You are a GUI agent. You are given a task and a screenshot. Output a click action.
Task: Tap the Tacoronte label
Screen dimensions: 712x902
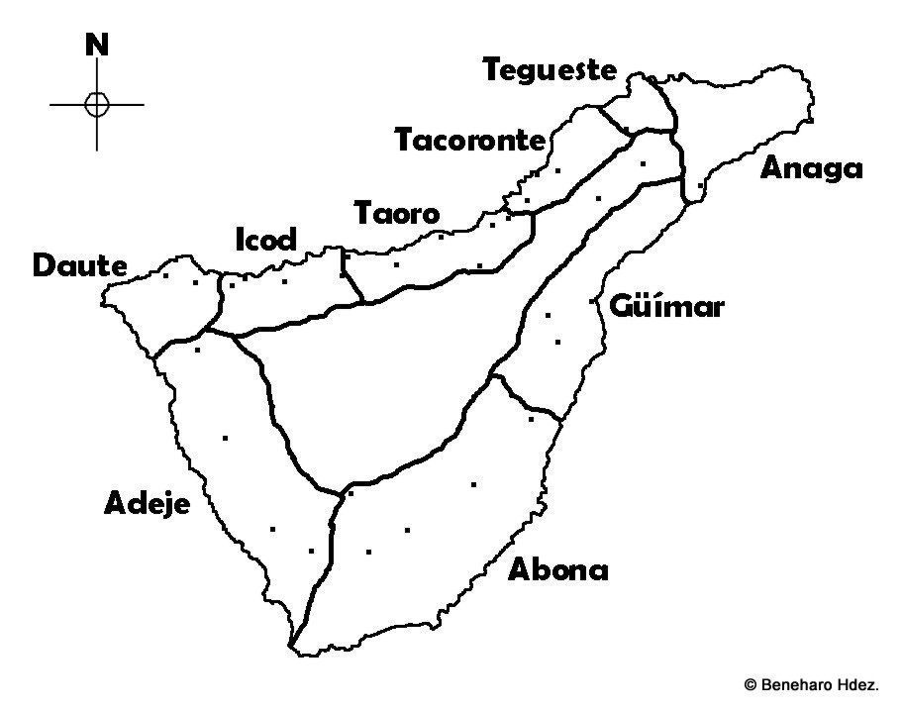click(x=470, y=141)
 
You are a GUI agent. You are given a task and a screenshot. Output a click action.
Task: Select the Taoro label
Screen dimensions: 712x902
click(x=396, y=214)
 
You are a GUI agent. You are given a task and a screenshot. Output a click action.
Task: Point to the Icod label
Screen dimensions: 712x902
click(x=264, y=241)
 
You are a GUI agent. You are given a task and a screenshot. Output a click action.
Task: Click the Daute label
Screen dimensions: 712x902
click(x=79, y=266)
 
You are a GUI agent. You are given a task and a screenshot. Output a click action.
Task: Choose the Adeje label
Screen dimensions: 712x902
click(x=147, y=505)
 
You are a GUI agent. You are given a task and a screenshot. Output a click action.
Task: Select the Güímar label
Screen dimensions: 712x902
click(x=666, y=306)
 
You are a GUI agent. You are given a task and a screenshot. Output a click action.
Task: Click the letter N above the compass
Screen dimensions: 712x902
click(x=96, y=45)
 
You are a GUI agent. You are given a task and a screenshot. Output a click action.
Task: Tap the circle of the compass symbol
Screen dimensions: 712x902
click(x=96, y=104)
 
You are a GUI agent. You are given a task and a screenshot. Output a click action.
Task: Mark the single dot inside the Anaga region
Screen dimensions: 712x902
click(x=701, y=185)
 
